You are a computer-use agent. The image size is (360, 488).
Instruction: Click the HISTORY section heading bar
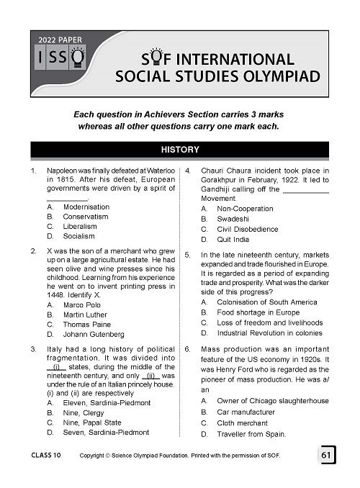180,151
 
